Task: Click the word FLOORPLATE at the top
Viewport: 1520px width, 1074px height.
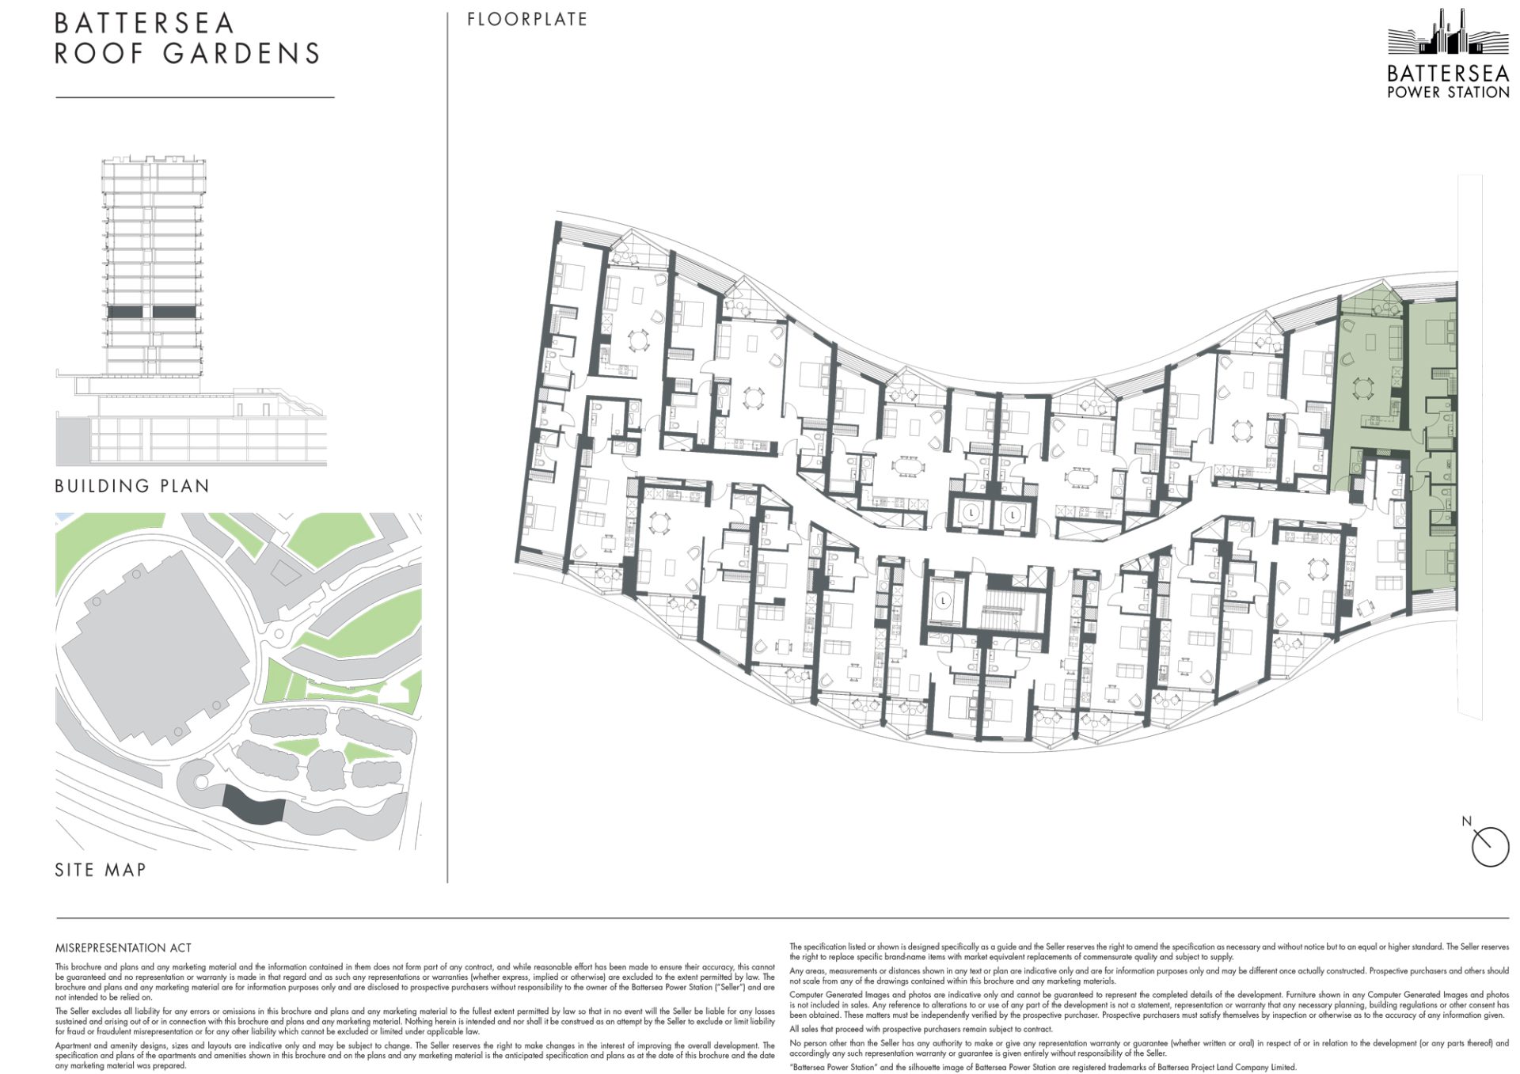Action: tap(527, 19)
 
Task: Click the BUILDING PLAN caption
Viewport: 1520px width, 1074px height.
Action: tap(132, 486)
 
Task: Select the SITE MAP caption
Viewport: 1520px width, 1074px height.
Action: tap(101, 870)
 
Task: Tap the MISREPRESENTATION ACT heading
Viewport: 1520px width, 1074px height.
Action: tap(123, 947)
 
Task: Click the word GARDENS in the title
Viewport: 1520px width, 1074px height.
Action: tap(241, 54)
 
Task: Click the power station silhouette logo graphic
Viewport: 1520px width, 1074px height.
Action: tap(1448, 33)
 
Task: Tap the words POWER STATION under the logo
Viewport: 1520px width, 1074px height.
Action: tap(1448, 92)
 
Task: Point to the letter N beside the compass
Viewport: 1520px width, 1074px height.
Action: tap(1466, 821)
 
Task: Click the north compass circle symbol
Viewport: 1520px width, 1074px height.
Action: tap(1490, 847)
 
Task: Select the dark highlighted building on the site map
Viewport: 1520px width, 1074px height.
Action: tap(252, 805)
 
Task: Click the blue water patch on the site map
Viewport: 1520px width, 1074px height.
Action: tap(63, 517)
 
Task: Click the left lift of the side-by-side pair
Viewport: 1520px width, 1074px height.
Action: tap(971, 513)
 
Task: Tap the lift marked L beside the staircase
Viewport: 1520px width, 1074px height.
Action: tap(944, 602)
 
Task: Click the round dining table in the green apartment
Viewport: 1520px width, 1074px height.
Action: tap(1363, 389)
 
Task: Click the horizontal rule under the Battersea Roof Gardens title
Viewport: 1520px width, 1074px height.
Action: tap(195, 97)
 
